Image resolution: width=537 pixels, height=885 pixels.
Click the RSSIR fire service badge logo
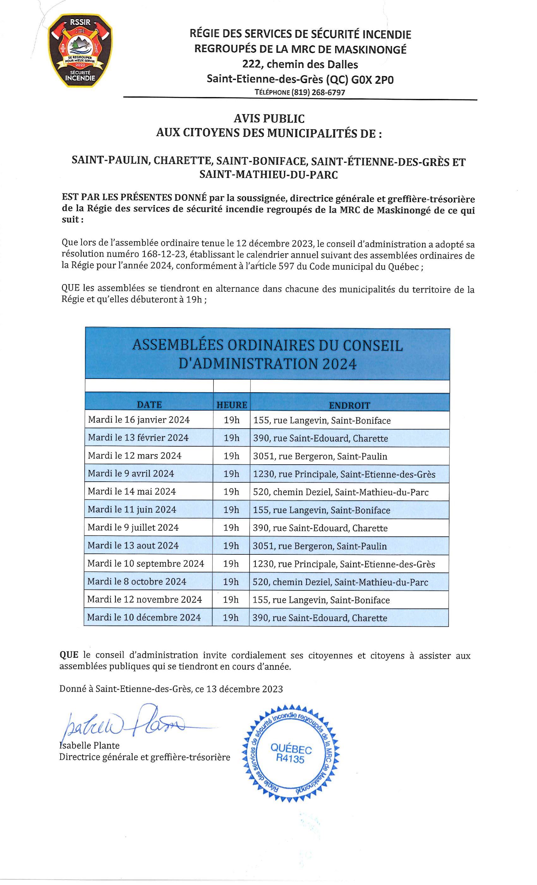tap(80, 50)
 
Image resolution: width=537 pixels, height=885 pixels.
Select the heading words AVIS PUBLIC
tap(269, 119)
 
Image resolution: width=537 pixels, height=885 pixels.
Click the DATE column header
tap(149, 405)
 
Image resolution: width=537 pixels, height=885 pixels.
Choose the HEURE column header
tap(232, 405)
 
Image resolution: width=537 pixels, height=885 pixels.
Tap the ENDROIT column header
tap(349, 405)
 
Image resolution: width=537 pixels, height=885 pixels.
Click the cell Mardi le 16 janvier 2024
tap(139, 419)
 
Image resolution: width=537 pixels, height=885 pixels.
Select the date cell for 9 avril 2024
tap(131, 473)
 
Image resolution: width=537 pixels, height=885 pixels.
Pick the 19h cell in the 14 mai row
tap(231, 491)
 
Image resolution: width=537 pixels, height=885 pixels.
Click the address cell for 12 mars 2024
tap(320, 456)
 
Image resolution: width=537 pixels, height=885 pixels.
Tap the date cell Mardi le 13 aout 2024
tap(133, 545)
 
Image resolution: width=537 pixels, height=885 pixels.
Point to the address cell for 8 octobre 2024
tap(340, 582)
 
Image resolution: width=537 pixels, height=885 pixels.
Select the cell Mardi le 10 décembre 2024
tap(144, 617)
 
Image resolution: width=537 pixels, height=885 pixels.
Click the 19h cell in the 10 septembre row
tap(231, 564)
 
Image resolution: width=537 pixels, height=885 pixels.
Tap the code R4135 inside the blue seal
tap(290, 759)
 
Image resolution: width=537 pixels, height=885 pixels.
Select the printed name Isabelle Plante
tap(89, 745)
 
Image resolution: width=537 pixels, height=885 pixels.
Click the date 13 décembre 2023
tap(244, 689)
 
